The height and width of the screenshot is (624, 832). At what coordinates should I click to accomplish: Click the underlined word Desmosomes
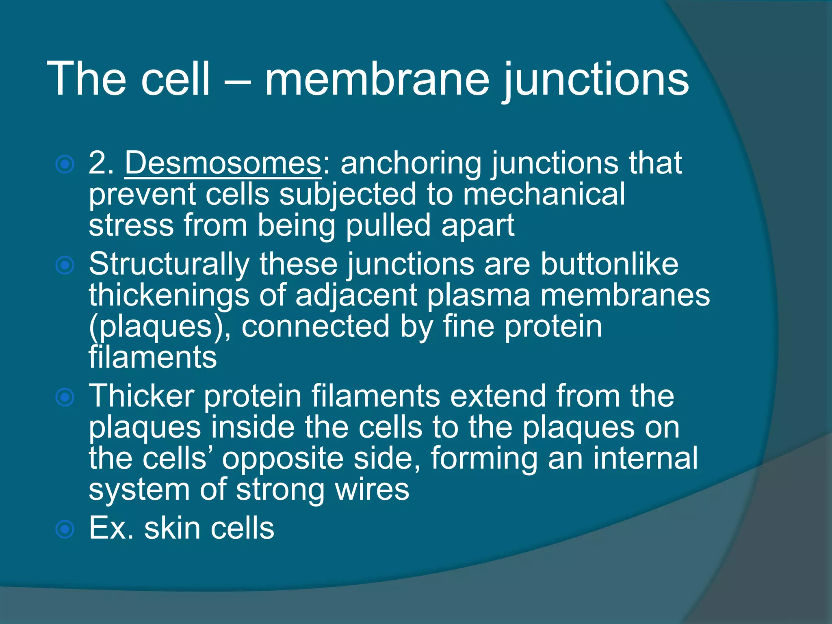pyautogui.click(x=223, y=163)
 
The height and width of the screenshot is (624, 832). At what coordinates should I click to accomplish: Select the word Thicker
pyautogui.click(x=141, y=396)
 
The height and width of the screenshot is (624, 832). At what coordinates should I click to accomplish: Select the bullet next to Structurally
pyautogui.click(x=65, y=266)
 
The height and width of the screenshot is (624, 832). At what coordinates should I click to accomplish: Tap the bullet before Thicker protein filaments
pyautogui.click(x=65, y=397)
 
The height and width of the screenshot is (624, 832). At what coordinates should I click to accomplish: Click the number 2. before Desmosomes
pyautogui.click(x=102, y=163)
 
